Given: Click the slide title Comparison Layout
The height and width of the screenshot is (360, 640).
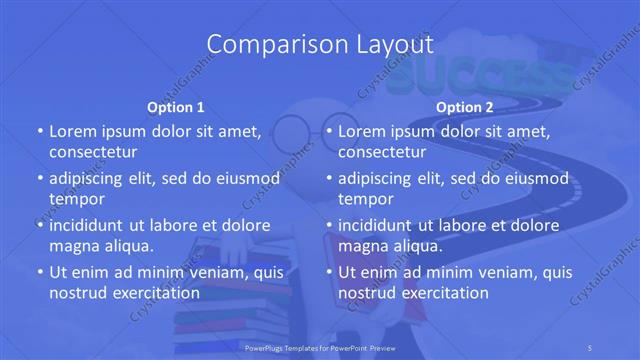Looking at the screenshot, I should pos(320,44).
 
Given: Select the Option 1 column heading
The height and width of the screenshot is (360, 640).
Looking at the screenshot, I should pos(176,107).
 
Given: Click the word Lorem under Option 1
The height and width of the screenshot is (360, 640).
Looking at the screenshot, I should pos(73,131).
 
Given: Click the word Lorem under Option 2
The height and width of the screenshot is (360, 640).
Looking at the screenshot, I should pos(363,131).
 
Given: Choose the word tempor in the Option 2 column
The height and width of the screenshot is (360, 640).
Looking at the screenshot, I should pos(366,200).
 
